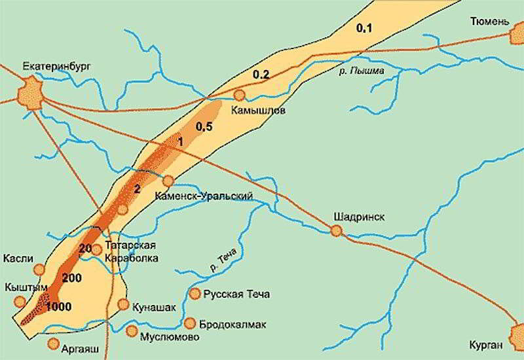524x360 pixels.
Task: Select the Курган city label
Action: point(487,345)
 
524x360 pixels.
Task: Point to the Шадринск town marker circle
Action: point(337,230)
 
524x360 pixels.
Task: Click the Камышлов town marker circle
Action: point(240,96)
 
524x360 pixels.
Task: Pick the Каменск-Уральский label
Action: point(204,196)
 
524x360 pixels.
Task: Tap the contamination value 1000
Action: point(59,306)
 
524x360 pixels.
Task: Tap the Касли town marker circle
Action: point(39,268)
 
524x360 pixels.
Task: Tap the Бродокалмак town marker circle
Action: point(190,323)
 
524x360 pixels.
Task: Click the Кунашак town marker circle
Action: point(123,304)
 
